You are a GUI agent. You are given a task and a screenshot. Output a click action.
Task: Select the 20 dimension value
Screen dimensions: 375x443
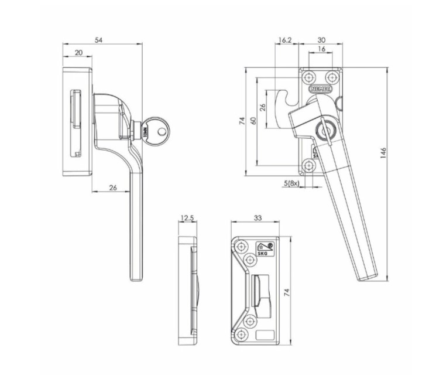point(78,53)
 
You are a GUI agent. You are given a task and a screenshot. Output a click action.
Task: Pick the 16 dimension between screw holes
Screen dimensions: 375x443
point(321,50)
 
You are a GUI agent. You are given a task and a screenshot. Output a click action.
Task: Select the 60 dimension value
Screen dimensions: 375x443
point(253,120)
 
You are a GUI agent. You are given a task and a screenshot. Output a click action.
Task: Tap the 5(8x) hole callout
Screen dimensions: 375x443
point(291,183)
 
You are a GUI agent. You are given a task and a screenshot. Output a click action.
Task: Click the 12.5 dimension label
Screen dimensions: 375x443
point(187,218)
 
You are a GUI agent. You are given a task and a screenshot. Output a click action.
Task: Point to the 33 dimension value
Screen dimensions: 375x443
point(258,217)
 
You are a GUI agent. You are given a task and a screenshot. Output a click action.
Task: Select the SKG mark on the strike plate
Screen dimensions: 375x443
point(263,250)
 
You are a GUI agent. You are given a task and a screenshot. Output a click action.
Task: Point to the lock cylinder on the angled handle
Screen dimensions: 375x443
point(323,131)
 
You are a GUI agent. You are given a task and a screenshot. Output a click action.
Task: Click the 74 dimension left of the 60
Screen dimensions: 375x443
point(241,121)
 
